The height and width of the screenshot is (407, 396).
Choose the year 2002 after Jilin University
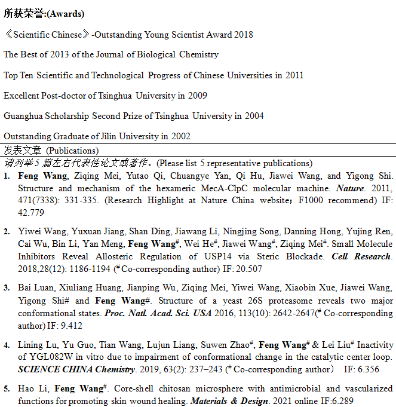click(180, 136)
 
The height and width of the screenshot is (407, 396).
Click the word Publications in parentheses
click(72, 151)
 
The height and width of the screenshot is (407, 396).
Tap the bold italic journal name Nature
click(349, 188)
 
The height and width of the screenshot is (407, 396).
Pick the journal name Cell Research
click(361, 256)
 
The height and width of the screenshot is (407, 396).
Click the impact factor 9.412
click(69, 325)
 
